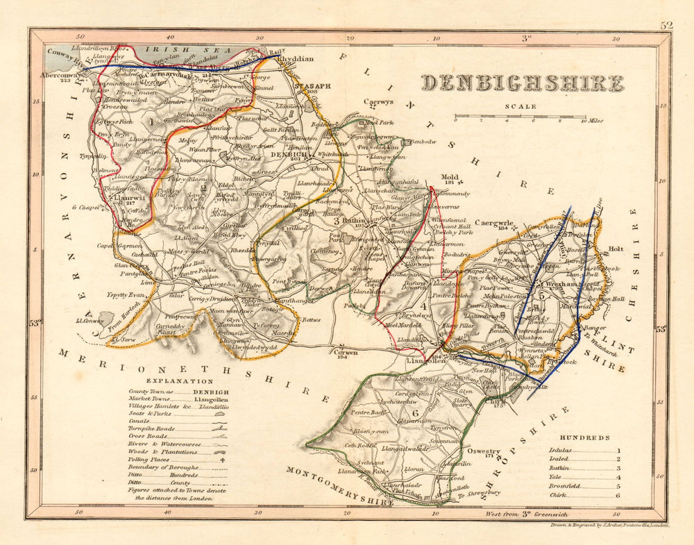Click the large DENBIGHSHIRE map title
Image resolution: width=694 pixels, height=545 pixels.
click(x=523, y=83)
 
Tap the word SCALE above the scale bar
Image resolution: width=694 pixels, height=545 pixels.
click(x=520, y=106)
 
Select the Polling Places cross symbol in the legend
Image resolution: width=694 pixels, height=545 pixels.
click(x=222, y=459)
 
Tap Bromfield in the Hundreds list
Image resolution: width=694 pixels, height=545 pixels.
click(x=564, y=486)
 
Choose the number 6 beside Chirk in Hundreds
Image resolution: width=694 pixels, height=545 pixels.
click(x=618, y=495)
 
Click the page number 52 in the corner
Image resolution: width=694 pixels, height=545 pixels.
click(x=667, y=25)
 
